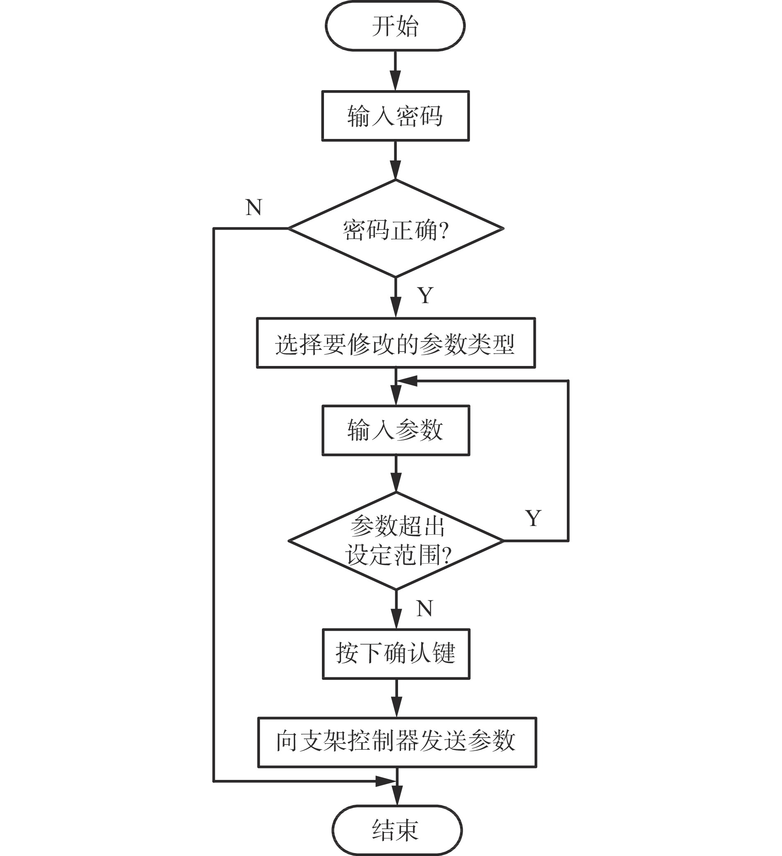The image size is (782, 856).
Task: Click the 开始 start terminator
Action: [395, 26]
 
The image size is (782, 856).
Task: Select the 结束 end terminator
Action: [396, 830]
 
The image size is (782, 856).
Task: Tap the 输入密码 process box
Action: [396, 115]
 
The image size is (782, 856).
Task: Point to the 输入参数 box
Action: [396, 430]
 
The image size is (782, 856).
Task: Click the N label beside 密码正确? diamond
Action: [254, 208]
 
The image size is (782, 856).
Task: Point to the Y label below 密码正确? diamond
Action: [425, 295]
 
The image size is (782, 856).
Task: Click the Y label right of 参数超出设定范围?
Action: [533, 518]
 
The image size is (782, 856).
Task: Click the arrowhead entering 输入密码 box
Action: [396, 81]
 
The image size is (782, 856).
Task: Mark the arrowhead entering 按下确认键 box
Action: [396, 619]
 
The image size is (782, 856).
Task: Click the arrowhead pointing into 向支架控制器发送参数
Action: [397, 708]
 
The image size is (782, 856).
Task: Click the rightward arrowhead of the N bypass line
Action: [386, 781]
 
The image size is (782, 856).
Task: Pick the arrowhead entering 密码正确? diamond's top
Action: [396, 170]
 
